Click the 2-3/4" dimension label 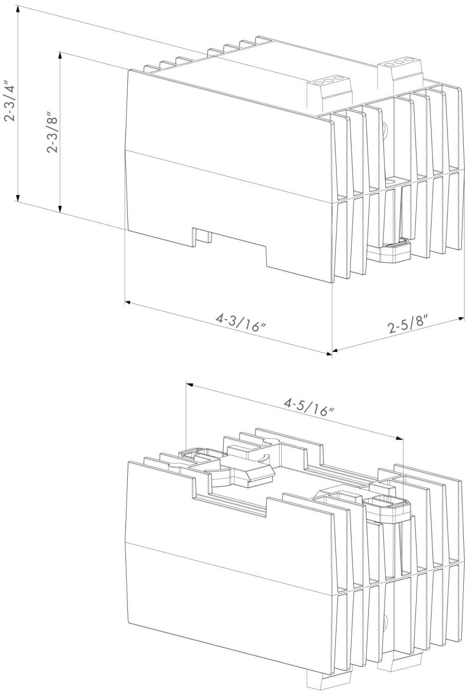tap(9, 101)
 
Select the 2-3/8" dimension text tap(52, 134)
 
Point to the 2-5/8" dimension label tap(408, 324)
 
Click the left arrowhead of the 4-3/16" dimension tap(128, 302)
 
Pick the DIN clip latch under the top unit tap(388, 251)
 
